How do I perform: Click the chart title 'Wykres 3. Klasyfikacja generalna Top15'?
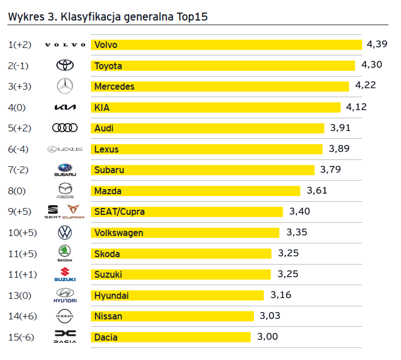point(108,17)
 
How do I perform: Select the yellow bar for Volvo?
point(227,45)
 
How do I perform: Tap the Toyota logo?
point(65,66)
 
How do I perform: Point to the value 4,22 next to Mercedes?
point(366,86)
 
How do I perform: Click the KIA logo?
point(65,107)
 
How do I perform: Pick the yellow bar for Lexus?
point(207,149)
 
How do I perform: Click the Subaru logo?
point(65,170)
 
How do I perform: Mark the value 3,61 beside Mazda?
point(317,190)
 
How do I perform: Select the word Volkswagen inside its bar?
point(118,233)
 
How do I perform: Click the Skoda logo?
point(65,253)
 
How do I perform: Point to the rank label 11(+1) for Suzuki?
point(22,274)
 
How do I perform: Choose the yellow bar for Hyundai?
point(177,295)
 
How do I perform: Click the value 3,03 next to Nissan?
point(270,316)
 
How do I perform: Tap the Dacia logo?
point(65,337)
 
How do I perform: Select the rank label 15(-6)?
point(21,337)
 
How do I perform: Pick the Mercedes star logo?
point(65,86)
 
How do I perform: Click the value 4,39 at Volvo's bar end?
point(378,44)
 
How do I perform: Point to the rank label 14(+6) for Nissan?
point(22,316)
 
